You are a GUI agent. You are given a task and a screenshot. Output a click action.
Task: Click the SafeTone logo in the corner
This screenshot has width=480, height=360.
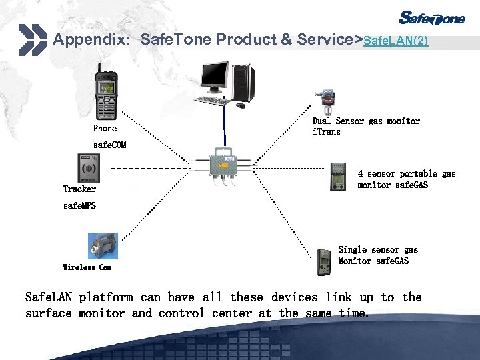click(x=432, y=17)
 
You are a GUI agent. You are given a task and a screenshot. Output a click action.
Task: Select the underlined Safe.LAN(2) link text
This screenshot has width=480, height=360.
click(x=395, y=41)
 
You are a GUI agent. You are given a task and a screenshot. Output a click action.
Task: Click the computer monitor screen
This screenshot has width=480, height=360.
click(x=215, y=78)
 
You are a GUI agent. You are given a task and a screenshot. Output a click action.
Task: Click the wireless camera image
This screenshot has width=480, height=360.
click(x=103, y=245)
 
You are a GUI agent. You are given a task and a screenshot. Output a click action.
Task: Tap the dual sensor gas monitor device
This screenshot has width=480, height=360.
click(x=327, y=101)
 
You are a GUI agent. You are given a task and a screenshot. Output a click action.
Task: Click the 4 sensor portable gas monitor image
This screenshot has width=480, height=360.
click(x=339, y=177)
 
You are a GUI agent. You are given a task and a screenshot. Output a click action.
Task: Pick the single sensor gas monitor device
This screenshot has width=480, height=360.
click(x=324, y=261)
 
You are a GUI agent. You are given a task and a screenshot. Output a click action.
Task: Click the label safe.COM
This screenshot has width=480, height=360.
click(x=109, y=145)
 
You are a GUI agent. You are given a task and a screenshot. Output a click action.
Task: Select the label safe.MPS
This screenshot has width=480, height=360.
click(x=79, y=205)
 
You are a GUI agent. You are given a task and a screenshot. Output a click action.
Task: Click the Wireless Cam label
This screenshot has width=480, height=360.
click(x=87, y=267)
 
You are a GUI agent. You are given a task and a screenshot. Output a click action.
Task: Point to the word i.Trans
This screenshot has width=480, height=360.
click(x=326, y=132)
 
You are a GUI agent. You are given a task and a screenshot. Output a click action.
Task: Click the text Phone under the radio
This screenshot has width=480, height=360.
click(x=105, y=129)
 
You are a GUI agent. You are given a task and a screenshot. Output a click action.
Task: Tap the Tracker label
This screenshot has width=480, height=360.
click(x=79, y=189)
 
